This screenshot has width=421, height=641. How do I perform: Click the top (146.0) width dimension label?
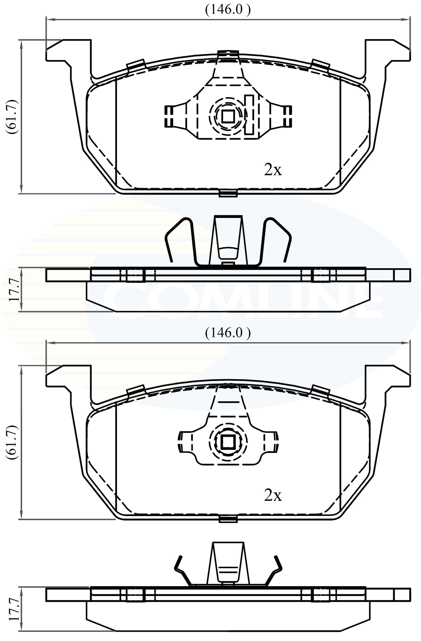pos(227,10)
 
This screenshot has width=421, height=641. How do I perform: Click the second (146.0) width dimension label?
pos(227,333)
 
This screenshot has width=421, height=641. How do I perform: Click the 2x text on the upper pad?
pos(273,170)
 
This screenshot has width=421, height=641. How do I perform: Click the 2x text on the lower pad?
pos(273,495)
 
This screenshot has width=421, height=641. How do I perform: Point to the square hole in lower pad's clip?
pos(228,442)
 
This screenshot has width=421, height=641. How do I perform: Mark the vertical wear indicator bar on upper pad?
pos(249,114)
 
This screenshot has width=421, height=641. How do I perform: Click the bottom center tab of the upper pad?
pos(228,193)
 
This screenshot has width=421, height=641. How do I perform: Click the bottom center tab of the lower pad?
pos(228,519)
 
